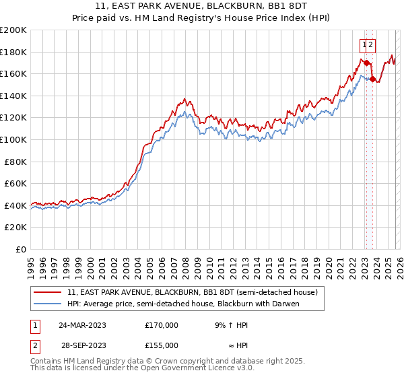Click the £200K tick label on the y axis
coord(13,30)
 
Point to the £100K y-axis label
coord(13,139)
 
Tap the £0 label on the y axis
coord(20,249)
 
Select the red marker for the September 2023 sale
coord(372,79)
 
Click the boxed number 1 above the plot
coord(364,45)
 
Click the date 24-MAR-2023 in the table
coord(81,325)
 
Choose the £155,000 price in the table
coord(161,345)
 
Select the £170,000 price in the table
coord(161,325)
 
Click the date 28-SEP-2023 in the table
coord(81,345)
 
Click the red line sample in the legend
coord(48,292)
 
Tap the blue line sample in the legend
coord(48,304)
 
